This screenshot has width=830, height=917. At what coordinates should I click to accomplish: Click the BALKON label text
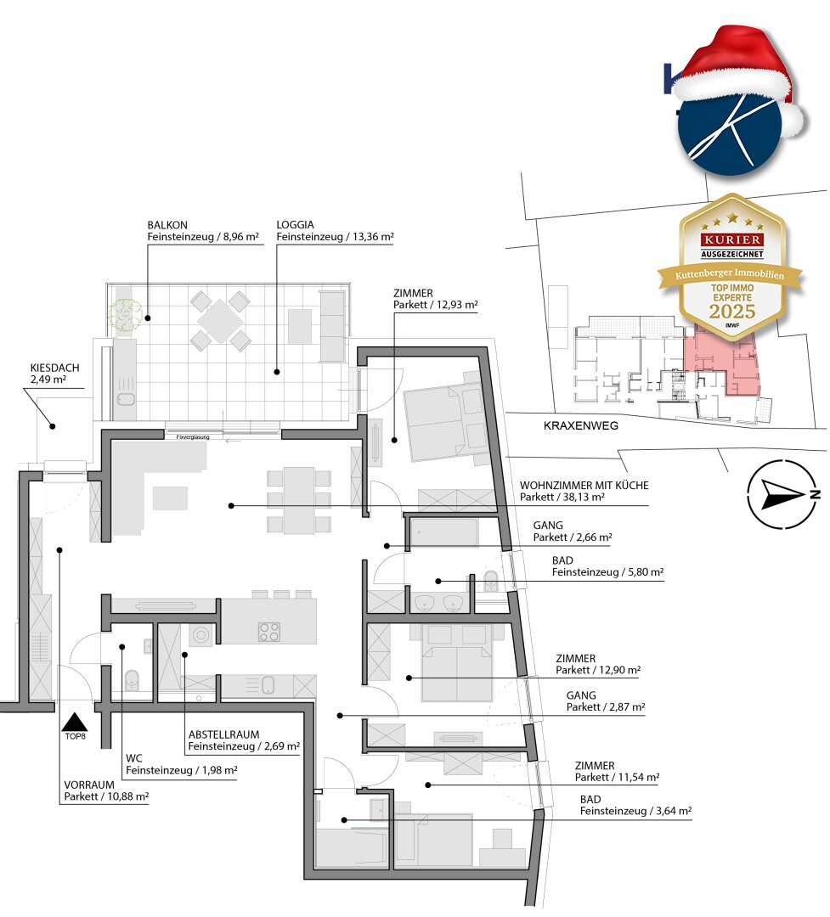[x=167, y=225]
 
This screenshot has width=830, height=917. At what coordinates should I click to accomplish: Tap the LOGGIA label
[x=295, y=224]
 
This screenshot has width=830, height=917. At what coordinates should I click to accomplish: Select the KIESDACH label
[x=54, y=368]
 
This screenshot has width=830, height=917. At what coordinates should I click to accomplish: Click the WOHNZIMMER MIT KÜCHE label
[x=584, y=486]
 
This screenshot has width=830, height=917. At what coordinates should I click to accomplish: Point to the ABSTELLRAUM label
[x=223, y=734]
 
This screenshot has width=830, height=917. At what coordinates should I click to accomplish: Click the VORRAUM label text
[x=89, y=785]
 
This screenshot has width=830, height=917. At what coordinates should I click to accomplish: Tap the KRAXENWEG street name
[x=580, y=425]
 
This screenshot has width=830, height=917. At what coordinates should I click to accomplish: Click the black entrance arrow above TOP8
[x=75, y=723]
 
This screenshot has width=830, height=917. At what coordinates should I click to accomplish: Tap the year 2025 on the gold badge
[x=732, y=311]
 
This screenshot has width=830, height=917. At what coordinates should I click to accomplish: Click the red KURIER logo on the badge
[x=732, y=239]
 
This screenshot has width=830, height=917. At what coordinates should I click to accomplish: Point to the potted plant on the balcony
[x=125, y=315]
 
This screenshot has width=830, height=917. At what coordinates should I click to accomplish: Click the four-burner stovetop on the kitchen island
[x=269, y=633]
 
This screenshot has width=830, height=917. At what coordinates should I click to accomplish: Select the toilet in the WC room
[x=133, y=680]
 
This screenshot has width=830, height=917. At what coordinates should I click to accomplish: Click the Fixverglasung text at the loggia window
[x=193, y=437]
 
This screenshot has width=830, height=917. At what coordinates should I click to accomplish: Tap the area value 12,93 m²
[x=457, y=305]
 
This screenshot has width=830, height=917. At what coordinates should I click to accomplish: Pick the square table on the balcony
[x=219, y=320]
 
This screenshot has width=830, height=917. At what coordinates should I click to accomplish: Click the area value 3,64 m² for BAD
[x=671, y=811]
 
